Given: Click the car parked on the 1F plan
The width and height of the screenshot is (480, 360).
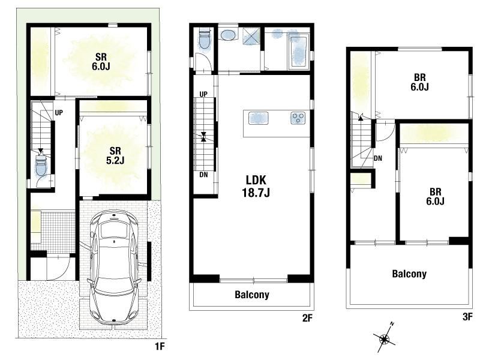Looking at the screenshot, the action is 114,266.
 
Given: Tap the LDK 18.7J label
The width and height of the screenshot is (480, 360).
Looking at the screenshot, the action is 256,186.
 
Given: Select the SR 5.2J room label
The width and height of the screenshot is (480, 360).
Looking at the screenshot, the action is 115,155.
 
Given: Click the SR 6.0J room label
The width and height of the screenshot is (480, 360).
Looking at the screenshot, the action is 101,62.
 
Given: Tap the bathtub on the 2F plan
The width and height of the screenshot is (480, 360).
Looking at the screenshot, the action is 298,52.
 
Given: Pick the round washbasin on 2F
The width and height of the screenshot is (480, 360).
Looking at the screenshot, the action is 229,35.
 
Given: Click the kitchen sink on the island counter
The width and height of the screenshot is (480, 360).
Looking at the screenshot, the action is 259,118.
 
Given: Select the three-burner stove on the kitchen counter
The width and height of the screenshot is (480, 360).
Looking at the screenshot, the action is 298,118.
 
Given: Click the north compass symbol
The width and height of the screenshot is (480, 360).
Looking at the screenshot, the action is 385,338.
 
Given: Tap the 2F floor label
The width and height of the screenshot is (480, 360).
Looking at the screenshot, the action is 307,318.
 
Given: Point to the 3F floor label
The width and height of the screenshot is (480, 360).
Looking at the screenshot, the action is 467,317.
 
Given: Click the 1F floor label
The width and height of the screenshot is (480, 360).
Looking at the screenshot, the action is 160,346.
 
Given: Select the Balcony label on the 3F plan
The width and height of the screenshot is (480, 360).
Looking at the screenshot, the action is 409,274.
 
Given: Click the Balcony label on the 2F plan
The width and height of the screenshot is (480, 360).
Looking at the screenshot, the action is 252,295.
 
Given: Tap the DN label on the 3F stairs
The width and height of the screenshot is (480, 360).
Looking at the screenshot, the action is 378,158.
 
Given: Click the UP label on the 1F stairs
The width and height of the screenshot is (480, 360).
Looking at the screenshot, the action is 59,113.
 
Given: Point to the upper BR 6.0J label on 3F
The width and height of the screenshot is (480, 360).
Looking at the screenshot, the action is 419,82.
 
